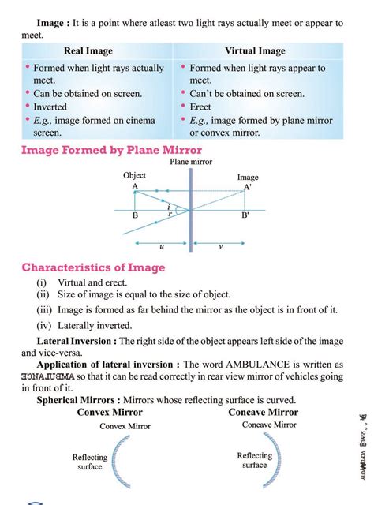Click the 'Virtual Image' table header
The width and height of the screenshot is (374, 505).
coord(256,50)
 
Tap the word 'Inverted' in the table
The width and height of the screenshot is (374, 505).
coord(50,107)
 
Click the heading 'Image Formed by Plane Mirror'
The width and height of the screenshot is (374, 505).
coord(112,150)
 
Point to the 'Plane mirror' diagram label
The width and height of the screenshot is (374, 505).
coord(190,163)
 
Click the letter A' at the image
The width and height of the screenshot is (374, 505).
coord(248,188)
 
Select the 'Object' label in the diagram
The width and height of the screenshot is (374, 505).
coord(135,175)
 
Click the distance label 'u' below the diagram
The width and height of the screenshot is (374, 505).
coord(162,246)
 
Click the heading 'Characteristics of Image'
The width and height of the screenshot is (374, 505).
coord(94,267)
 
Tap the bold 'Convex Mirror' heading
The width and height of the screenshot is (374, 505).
coord(110,413)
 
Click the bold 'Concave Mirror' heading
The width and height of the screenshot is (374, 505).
coord(263,412)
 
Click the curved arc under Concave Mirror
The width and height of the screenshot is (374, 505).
coord(276,462)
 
